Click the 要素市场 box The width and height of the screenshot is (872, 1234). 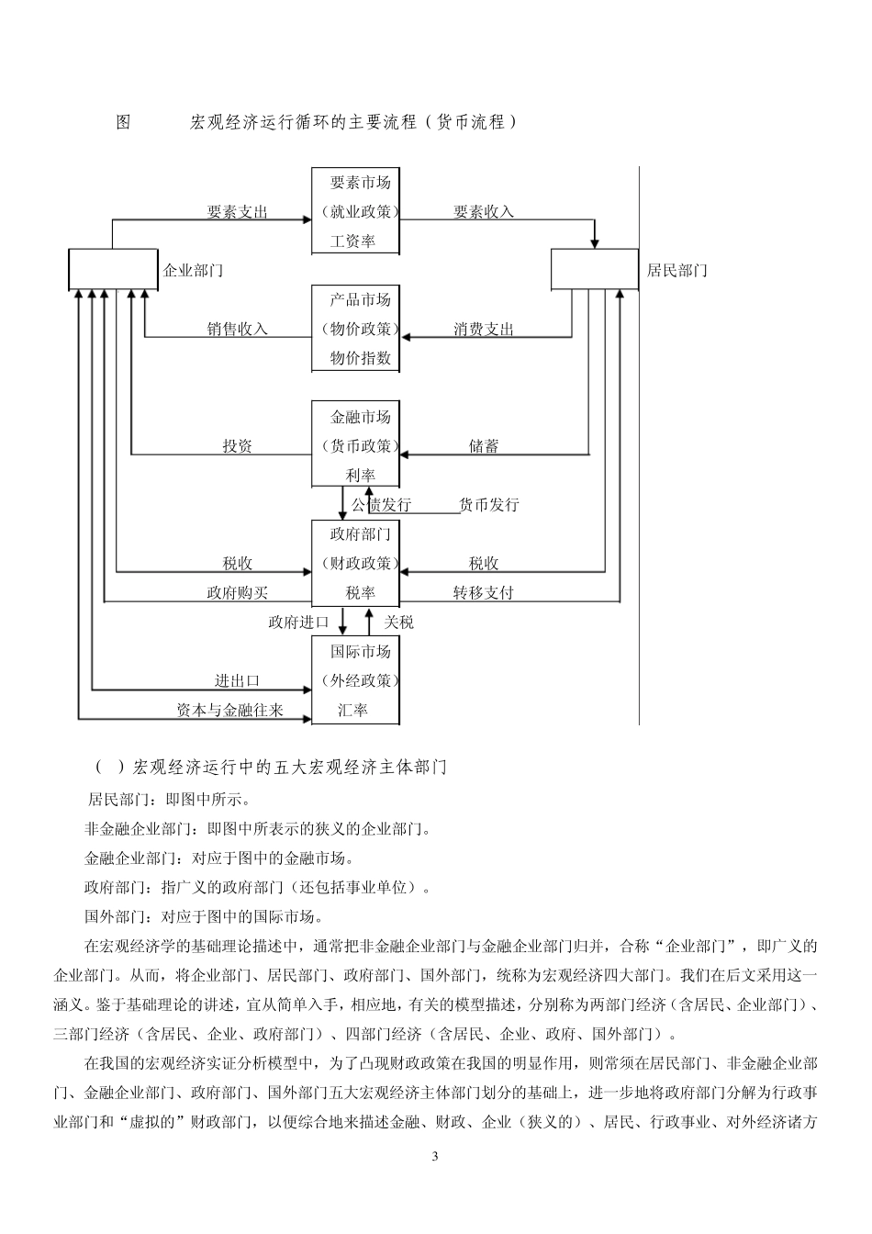click(x=355, y=211)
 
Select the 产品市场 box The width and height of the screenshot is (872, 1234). click(x=355, y=329)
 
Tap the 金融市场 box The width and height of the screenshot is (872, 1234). click(x=355, y=445)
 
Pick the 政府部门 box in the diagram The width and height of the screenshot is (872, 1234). click(x=355, y=563)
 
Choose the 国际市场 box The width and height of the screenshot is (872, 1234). click(x=355, y=680)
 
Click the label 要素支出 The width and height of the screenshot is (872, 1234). click(x=238, y=212)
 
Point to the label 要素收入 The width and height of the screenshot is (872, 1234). click(x=484, y=212)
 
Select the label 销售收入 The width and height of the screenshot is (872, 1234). click(x=238, y=329)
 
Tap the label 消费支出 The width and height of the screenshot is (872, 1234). click(x=484, y=329)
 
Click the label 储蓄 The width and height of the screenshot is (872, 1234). click(x=484, y=446)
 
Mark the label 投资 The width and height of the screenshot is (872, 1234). click(x=238, y=446)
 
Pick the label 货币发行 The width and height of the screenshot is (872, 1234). click(x=489, y=505)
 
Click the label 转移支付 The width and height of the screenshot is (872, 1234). click(x=484, y=593)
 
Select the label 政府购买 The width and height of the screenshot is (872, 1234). click(x=238, y=593)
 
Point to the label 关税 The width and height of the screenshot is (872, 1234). click(x=399, y=623)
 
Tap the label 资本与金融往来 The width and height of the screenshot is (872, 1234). click(x=230, y=710)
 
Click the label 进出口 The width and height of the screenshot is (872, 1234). click(x=238, y=680)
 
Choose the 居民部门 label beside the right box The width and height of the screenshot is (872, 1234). click(x=677, y=271)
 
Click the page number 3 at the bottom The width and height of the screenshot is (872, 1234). click(x=436, y=1155)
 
